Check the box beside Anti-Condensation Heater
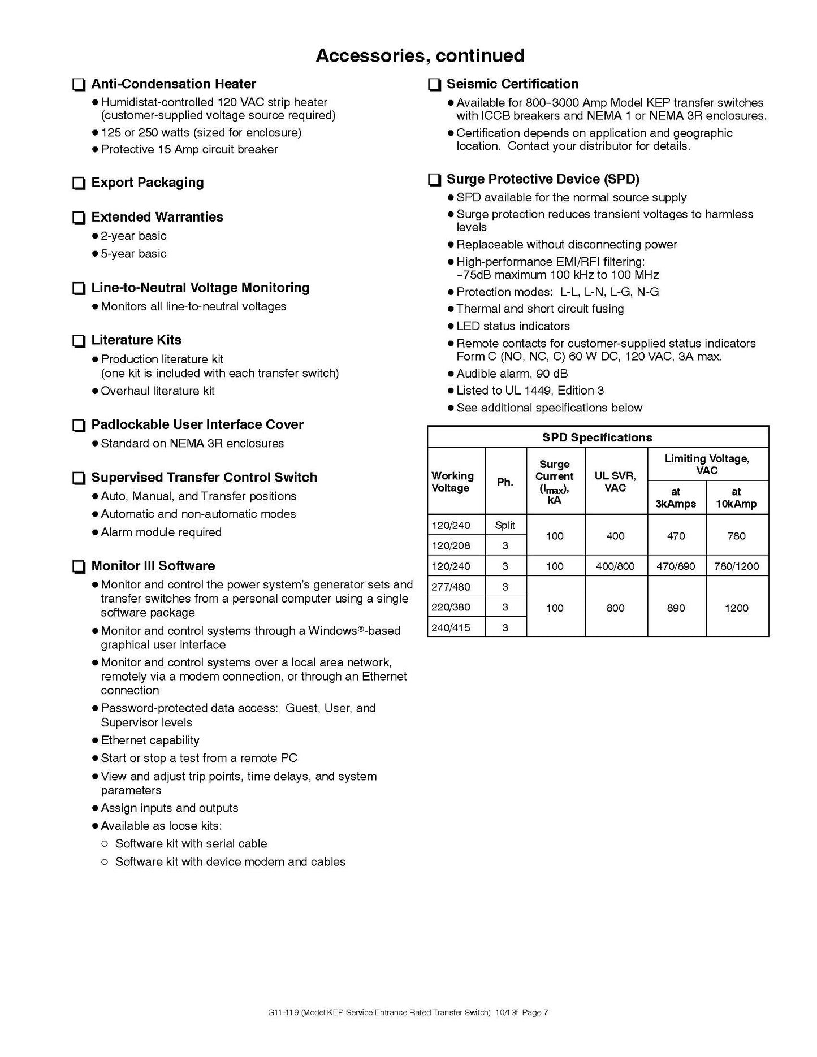point(79,85)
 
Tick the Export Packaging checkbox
point(79,183)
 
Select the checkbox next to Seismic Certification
point(434,85)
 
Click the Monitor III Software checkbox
point(79,566)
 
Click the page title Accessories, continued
point(420,55)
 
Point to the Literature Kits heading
point(136,340)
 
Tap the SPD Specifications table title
point(597,437)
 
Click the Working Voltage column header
point(452,482)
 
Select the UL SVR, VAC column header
point(615,482)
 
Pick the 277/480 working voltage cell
point(451,587)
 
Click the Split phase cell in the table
point(505,525)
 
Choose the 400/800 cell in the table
point(615,566)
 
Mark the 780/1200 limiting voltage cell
point(736,566)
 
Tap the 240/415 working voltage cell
point(451,627)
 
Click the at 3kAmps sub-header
point(676,497)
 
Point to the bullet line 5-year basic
point(133,254)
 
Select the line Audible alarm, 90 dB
point(512,374)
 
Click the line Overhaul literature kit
point(157,391)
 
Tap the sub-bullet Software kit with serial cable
point(191,844)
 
